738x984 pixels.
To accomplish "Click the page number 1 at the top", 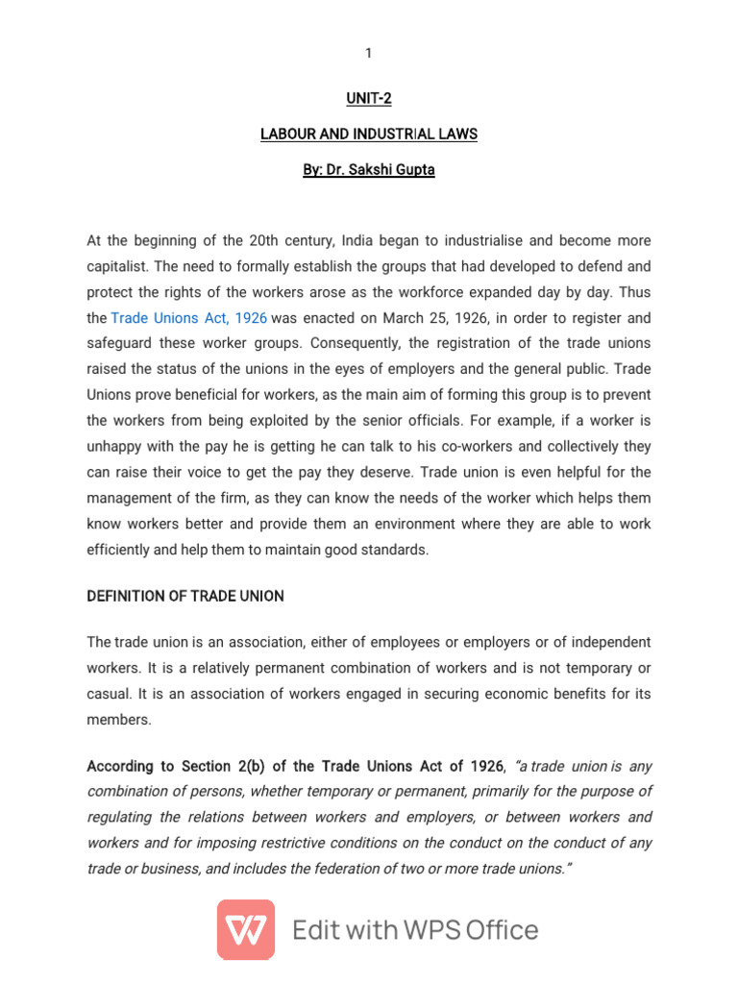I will click(x=368, y=53).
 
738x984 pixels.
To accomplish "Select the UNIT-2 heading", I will click(x=368, y=97).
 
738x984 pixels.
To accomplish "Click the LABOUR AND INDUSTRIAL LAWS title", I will click(x=368, y=135).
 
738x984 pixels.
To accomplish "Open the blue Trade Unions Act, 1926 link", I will click(x=189, y=317).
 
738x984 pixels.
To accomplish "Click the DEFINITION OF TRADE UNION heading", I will click(x=185, y=596).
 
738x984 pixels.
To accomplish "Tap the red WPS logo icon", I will click(x=246, y=929).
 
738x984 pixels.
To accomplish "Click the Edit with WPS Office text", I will click(x=415, y=930).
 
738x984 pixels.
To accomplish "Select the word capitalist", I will click(x=117, y=266).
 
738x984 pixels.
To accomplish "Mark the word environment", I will click(x=418, y=524).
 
